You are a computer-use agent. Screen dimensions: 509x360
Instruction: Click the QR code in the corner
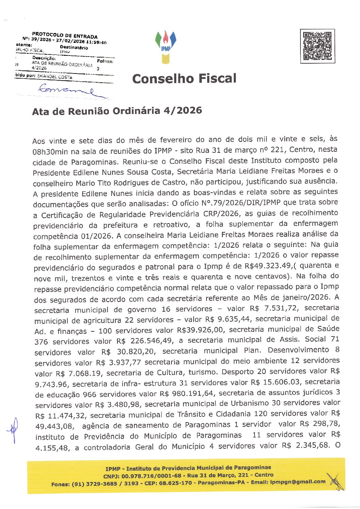[x=317, y=46]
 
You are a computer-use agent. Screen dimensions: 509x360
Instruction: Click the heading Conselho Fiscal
[x=184, y=79]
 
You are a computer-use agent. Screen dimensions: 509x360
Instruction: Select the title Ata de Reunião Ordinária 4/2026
[x=117, y=111]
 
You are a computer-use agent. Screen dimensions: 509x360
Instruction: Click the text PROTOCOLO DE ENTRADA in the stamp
[x=65, y=35]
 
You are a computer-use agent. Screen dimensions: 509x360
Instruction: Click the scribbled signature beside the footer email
[x=335, y=481]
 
